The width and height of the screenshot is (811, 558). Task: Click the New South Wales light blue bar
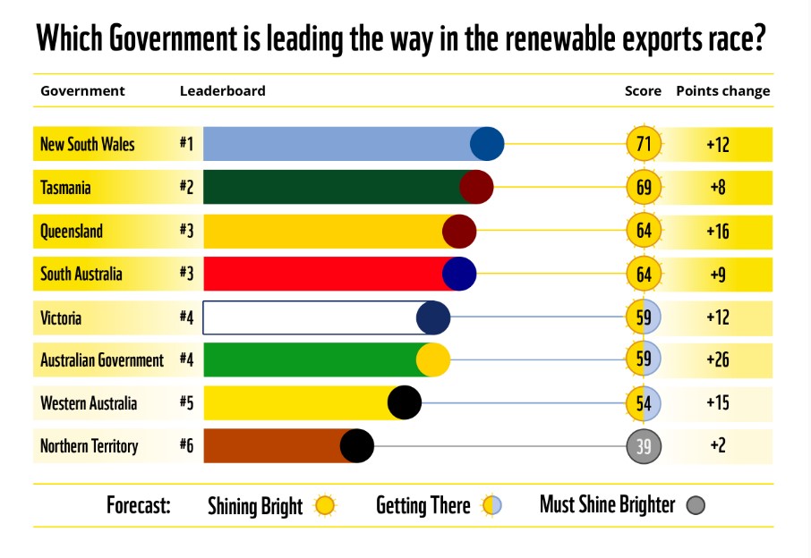[x=340, y=144]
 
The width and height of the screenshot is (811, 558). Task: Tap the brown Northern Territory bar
[x=273, y=445]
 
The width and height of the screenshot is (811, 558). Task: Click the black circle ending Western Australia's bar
[x=405, y=402]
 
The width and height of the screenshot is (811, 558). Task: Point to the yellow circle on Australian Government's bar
[x=433, y=360]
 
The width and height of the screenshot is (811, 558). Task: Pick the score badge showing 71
[x=644, y=144]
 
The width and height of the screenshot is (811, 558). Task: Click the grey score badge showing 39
[x=644, y=445]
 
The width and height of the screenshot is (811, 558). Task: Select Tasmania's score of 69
[x=644, y=188]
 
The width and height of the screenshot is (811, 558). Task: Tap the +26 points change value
[x=717, y=360]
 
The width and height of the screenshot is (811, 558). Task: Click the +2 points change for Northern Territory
[x=717, y=445]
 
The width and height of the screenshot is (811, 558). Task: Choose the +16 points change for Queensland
[x=717, y=231]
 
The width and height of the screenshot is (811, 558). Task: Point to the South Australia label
[x=81, y=274]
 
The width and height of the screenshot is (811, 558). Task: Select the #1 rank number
[x=186, y=144]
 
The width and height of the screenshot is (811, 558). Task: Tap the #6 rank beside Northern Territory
[x=186, y=445]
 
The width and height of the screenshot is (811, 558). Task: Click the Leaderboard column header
[x=222, y=91]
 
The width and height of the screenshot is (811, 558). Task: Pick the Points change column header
[x=722, y=91]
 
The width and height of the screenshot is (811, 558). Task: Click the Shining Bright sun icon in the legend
[x=325, y=506]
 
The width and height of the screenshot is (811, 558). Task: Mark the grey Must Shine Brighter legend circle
[x=696, y=505]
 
